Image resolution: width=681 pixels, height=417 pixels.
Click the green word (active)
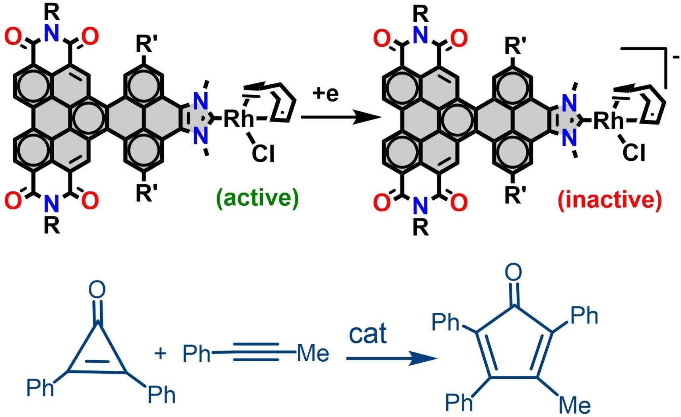[x=257, y=198]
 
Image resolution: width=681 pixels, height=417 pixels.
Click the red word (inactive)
[x=610, y=200]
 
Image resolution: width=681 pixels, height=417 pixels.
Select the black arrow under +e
[x=340, y=117]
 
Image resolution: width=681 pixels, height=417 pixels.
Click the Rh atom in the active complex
[x=239, y=119]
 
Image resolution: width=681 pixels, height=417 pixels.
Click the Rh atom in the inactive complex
[x=609, y=120]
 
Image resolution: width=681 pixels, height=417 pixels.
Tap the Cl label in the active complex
[x=263, y=153]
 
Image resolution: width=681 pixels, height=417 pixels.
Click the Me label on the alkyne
[x=313, y=353]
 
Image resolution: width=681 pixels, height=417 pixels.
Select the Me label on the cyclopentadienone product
[x=574, y=405]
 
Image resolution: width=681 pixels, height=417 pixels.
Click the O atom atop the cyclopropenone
[x=97, y=289]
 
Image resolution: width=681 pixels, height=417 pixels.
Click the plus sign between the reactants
[x=160, y=353]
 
